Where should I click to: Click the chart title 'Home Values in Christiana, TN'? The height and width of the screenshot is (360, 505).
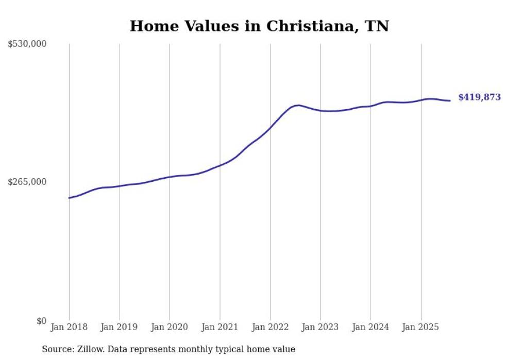coord(259,26)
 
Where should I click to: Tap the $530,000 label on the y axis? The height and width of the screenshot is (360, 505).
coord(27,44)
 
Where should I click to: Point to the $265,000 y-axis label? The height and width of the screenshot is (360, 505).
coord(27,182)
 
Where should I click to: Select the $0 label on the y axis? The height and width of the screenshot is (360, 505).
coord(41,321)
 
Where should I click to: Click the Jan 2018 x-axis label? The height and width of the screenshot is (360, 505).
coord(69,327)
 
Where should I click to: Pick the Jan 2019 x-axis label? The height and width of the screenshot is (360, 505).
coord(120,327)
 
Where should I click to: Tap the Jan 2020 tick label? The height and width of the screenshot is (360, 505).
coord(170,327)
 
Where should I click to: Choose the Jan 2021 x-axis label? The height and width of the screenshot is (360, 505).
coord(220,327)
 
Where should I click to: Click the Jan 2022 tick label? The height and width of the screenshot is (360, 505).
coord(270,327)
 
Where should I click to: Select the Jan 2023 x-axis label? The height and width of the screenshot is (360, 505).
coord(321,327)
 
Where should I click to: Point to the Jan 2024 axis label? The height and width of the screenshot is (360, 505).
coord(371,327)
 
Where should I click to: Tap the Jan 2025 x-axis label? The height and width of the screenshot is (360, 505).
coord(421,327)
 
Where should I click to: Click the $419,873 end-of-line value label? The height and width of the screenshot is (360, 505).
coord(479,97)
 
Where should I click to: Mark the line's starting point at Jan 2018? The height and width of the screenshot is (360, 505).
coord(69,198)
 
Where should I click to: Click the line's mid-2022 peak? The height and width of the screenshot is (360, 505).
coord(298,105)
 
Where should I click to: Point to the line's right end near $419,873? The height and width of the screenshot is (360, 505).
coord(450,100)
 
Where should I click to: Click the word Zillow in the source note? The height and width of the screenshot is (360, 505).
coord(91,350)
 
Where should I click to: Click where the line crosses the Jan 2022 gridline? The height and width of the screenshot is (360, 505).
coord(270,127)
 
